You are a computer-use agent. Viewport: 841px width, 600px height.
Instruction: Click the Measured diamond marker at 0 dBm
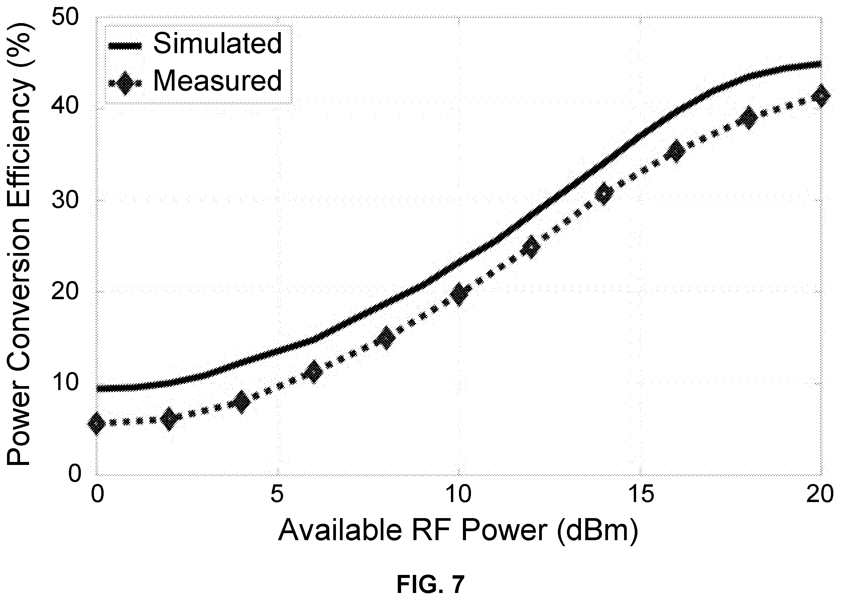pos(97,424)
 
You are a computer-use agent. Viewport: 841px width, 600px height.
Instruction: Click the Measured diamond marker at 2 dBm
pos(169,419)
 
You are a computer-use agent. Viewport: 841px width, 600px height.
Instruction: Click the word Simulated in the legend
pos(218,43)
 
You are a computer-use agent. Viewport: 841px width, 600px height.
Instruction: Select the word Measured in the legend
pos(218,81)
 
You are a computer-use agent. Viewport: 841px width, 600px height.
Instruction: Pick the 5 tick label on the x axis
pos(277,495)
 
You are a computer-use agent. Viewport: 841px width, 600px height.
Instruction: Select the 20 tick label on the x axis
pos(820,495)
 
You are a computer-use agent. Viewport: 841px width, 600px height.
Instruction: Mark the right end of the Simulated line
pos(821,65)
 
